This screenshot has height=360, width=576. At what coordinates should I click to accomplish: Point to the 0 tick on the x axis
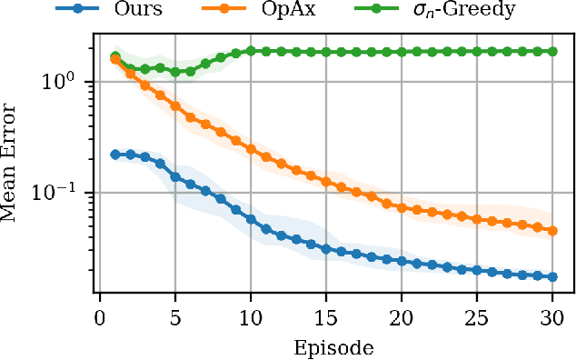tap(100, 317)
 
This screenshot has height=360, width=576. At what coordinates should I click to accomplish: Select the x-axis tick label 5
tap(174, 317)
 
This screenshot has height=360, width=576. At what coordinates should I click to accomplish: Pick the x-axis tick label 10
tap(250, 317)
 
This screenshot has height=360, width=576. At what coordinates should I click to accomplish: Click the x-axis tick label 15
tap(324, 317)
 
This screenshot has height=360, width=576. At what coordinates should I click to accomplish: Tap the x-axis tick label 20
tap(400, 317)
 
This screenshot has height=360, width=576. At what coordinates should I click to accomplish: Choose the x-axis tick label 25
tap(475, 317)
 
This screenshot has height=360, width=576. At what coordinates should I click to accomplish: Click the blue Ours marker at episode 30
tap(551, 276)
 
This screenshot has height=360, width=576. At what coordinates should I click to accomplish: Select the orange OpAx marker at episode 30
tap(551, 230)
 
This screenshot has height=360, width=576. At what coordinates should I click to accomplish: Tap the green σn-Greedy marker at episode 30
tap(551, 52)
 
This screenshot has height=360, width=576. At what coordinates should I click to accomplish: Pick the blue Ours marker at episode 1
tap(115, 155)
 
